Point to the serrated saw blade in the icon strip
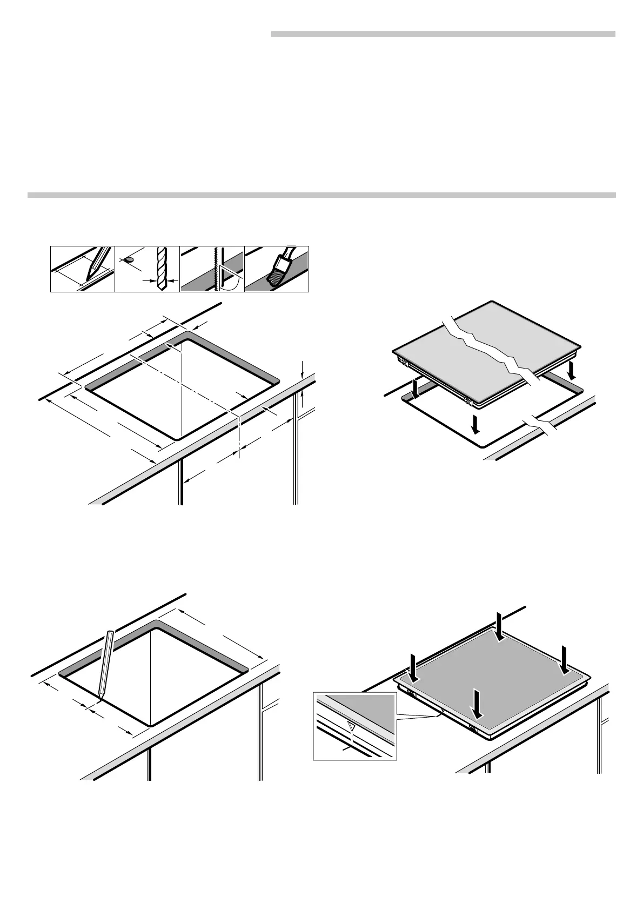pos(216,269)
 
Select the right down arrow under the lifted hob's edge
pos(572,372)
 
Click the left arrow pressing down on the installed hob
pos(413,667)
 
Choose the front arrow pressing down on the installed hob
pos(477,704)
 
